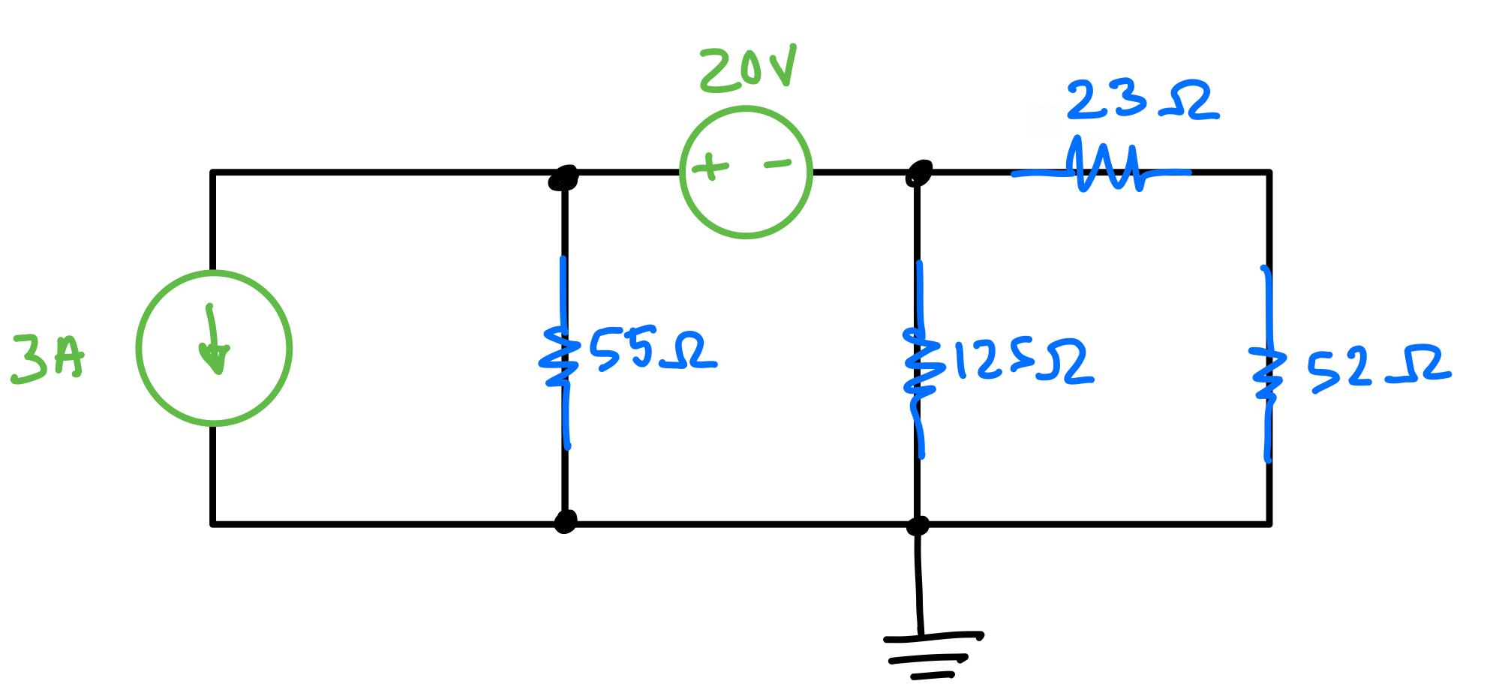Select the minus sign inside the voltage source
point(777,163)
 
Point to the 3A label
point(48,360)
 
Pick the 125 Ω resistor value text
point(1022,363)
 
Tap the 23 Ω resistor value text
point(1142,102)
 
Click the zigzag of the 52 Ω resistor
point(1265,372)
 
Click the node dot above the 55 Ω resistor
point(564,177)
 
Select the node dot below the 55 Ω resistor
point(565,520)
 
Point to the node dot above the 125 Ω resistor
point(918,172)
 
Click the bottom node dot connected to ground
point(918,525)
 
